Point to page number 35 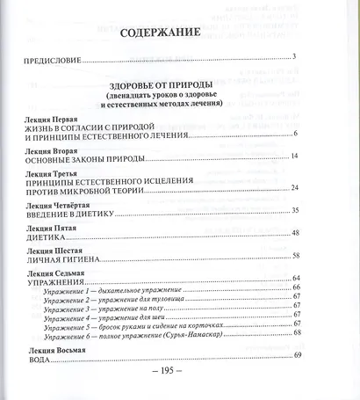295,211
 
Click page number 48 295,233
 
